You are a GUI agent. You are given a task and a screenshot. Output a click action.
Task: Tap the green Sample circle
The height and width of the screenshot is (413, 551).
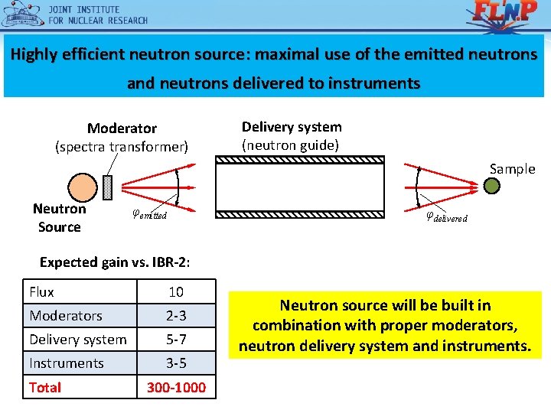[x=492, y=186]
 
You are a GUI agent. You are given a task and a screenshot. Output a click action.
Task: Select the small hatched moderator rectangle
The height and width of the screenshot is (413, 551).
[x=107, y=188]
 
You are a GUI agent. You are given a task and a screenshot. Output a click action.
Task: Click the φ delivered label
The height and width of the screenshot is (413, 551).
[x=446, y=216]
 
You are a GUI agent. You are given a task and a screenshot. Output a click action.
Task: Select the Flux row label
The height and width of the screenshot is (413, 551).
[x=42, y=291]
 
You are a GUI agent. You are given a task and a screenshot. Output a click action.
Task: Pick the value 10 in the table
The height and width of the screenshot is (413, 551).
[x=176, y=291]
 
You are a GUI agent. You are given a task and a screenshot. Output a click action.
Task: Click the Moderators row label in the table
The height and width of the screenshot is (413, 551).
[x=66, y=315]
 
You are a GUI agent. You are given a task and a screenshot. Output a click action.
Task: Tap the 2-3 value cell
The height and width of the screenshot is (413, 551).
[x=176, y=315]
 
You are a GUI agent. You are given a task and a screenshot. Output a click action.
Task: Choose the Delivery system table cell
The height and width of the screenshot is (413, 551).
[x=78, y=339]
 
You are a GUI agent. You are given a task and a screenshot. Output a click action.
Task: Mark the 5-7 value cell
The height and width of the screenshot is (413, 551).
[x=176, y=339]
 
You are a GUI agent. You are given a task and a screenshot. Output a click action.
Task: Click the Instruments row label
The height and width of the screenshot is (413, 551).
[x=67, y=363]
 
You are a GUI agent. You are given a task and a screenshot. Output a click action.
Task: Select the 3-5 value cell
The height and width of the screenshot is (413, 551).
[x=176, y=363]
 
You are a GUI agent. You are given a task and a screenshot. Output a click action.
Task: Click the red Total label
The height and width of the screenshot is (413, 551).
[x=45, y=387]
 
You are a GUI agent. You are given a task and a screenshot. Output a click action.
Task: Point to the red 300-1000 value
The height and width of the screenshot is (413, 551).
[x=176, y=387]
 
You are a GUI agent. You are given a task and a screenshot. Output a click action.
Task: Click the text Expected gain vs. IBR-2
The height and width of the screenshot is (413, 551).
[x=115, y=262]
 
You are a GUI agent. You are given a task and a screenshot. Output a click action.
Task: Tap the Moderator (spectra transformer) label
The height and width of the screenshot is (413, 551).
[x=122, y=137]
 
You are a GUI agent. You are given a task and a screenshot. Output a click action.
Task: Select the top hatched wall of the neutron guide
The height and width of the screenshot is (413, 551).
[x=299, y=161]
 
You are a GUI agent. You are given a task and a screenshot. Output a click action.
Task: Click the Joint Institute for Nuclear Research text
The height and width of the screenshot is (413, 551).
[x=98, y=15]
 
